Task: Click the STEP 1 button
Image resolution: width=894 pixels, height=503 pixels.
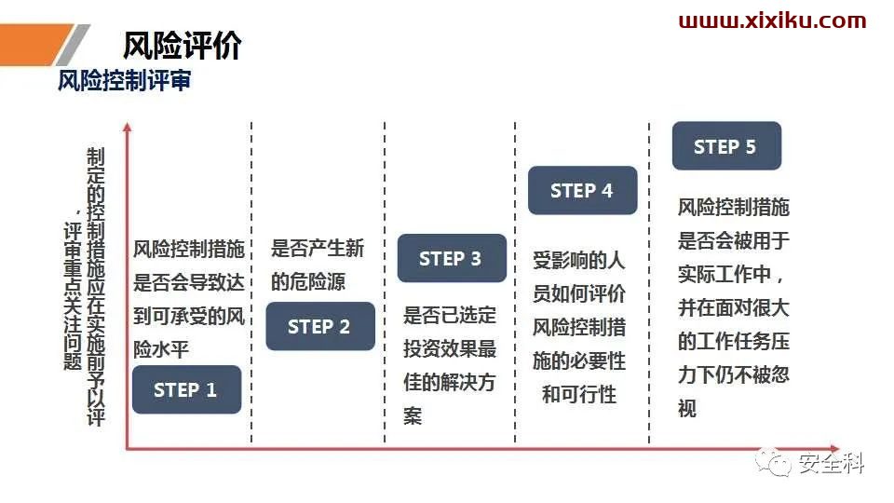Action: (x=186, y=389)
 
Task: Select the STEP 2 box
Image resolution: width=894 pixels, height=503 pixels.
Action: (x=320, y=326)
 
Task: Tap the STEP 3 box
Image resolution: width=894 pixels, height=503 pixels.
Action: (x=452, y=258)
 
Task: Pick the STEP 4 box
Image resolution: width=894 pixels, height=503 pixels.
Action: (x=582, y=190)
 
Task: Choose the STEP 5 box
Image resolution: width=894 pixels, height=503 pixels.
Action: (x=726, y=146)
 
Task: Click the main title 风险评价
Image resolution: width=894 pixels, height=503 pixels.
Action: (x=182, y=46)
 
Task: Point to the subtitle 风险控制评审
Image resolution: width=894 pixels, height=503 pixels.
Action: (x=124, y=81)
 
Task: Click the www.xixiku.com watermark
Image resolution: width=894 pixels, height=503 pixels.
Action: (x=772, y=21)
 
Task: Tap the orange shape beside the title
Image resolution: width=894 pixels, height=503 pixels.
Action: (x=34, y=45)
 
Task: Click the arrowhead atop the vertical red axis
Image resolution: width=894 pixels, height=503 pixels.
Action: (x=128, y=128)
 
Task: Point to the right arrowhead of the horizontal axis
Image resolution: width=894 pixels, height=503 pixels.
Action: (x=834, y=449)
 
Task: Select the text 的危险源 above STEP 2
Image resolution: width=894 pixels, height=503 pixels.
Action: (x=308, y=281)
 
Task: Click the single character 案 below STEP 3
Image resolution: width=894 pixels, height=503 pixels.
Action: (x=413, y=416)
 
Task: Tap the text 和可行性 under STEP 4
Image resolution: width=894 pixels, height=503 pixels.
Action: (x=578, y=395)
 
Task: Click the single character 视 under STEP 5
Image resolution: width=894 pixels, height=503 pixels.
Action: (x=687, y=408)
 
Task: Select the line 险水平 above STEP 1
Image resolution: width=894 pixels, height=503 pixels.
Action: (x=161, y=349)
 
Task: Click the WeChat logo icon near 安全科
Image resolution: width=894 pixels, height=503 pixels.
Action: (x=774, y=462)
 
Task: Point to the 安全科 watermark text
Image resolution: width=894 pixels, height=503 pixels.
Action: (x=831, y=463)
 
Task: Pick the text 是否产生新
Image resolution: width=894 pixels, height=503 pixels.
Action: (x=317, y=248)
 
